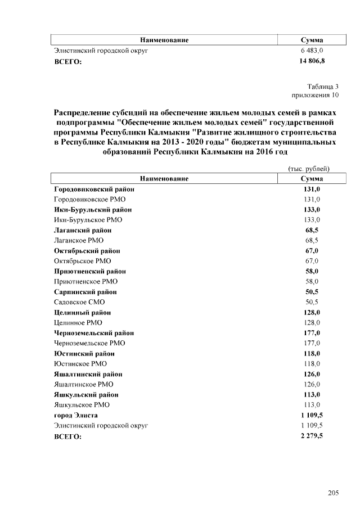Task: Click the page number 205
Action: [333, 493]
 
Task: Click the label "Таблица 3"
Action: [323, 87]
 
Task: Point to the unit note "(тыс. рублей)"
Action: [308, 169]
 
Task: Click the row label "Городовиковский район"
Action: [94, 189]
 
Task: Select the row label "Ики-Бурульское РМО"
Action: [88, 220]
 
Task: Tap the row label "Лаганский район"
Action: [83, 230]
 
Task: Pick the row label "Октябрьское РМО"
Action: [83, 261]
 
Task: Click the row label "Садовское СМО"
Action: [79, 302]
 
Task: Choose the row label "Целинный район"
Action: [83, 312]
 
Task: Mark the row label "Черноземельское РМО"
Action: [89, 343]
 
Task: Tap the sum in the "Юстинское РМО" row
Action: [312, 364]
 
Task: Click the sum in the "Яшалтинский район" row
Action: [312, 374]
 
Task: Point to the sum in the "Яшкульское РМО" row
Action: [312, 405]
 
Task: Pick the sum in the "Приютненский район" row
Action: [312, 271]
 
